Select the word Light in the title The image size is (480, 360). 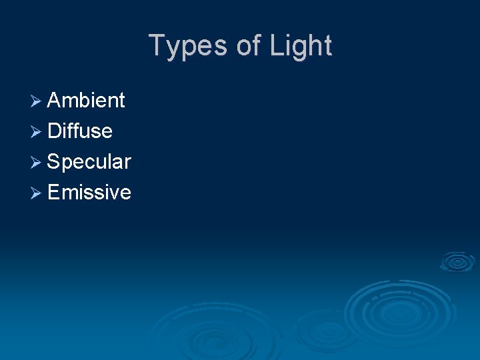pos(301,46)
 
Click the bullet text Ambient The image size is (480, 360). pos(86,101)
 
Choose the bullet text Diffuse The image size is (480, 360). pos(80,131)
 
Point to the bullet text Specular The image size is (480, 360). pos(89,162)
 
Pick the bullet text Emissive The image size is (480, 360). pos(89,193)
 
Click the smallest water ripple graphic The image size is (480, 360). pos(457,261)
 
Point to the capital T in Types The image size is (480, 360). pos(157,45)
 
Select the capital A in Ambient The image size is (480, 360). pos(54,101)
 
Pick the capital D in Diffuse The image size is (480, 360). pos(55,131)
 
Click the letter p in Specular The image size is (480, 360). pos(67,165)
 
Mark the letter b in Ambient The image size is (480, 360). pos(84,101)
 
